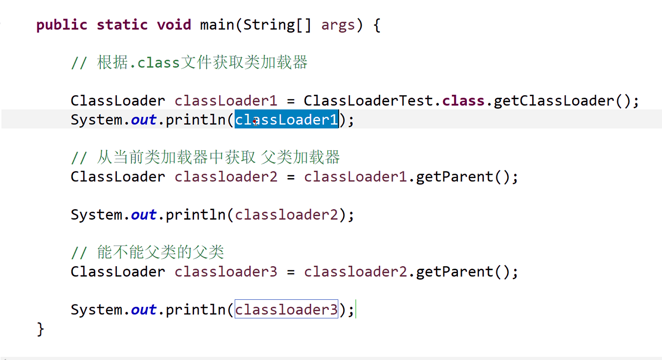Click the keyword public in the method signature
click(62, 25)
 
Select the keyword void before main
click(174, 25)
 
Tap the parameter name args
click(338, 25)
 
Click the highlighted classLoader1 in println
click(287, 120)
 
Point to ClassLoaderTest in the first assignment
click(372, 101)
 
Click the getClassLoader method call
click(554, 101)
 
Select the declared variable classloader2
click(226, 176)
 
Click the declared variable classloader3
click(226, 272)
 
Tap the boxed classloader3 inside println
click(286, 309)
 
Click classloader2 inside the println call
click(286, 215)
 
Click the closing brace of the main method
click(41, 329)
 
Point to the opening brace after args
click(377, 25)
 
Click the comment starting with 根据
click(189, 63)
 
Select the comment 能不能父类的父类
click(148, 252)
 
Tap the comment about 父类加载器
click(206, 157)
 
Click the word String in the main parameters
click(269, 25)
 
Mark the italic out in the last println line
click(143, 310)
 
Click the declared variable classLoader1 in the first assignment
click(226, 101)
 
